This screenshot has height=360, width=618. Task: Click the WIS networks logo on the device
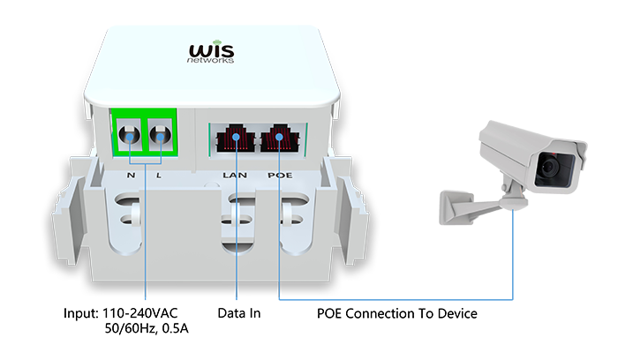[x=209, y=52]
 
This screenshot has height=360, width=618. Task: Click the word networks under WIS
[x=209, y=61]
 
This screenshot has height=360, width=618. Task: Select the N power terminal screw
[x=130, y=137]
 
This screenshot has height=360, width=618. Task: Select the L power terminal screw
[x=160, y=137]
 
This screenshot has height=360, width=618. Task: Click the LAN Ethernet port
[x=237, y=139]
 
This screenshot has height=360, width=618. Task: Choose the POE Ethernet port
[x=280, y=139]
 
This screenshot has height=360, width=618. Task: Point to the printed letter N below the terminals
[x=131, y=175]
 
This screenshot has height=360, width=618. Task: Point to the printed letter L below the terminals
[x=159, y=175]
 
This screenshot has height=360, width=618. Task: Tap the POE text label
[x=280, y=175]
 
